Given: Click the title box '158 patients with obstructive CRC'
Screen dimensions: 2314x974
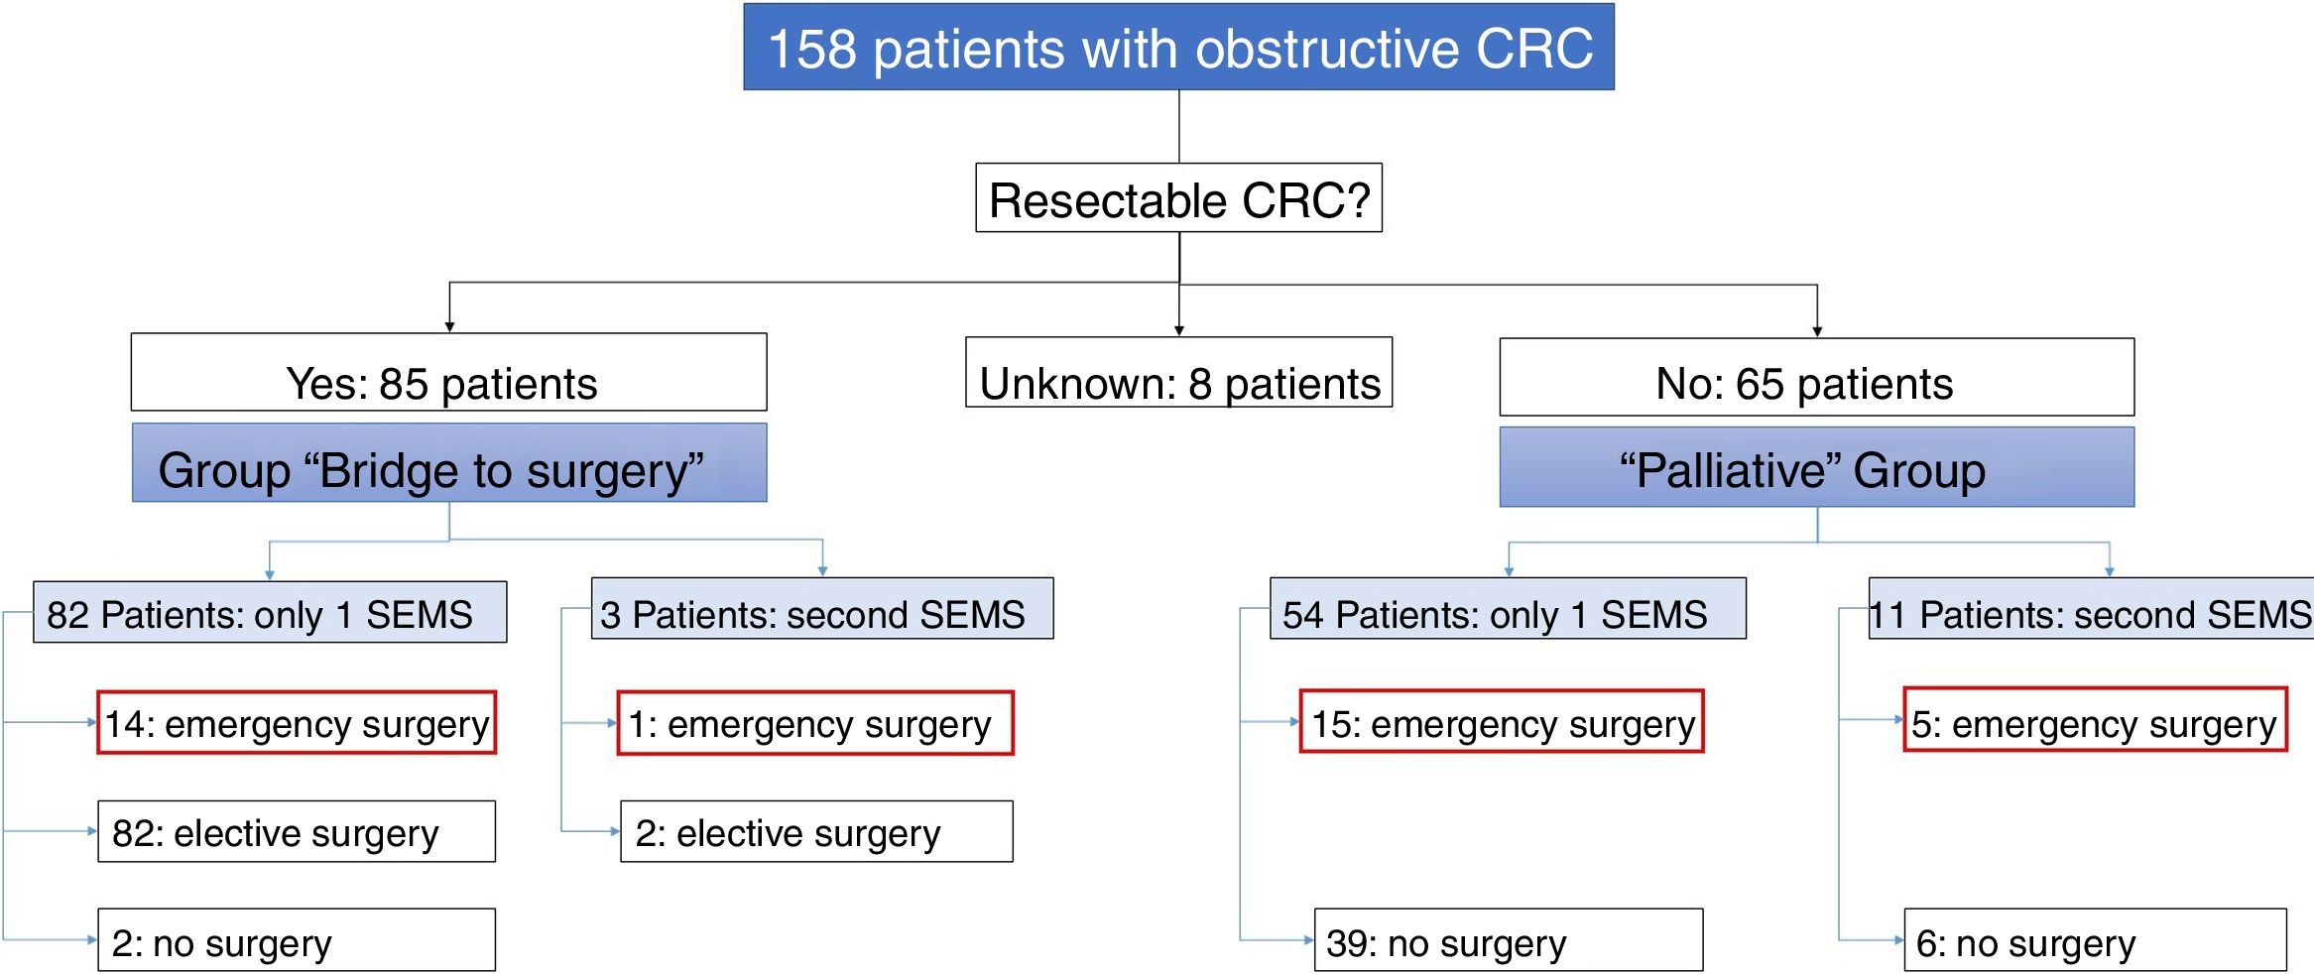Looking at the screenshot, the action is [x=1178, y=48].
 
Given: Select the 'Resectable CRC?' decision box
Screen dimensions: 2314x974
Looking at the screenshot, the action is [x=1178, y=198].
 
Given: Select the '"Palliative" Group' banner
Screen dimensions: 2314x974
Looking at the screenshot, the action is [x=1816, y=467].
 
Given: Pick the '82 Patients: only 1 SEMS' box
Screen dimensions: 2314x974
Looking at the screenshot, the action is [x=270, y=613].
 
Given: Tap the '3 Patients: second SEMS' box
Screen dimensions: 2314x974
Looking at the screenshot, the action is [x=822, y=609].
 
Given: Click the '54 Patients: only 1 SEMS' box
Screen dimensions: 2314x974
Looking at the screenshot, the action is [x=1508, y=609].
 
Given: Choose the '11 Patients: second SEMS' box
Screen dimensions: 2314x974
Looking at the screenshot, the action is [x=2091, y=609].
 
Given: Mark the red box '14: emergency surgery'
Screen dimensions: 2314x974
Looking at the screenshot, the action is [x=297, y=723].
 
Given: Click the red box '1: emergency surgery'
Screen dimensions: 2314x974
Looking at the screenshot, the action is [x=815, y=723].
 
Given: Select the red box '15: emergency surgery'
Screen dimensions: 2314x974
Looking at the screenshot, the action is [x=1502, y=722].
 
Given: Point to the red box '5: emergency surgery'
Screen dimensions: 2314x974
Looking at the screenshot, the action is [x=2095, y=720].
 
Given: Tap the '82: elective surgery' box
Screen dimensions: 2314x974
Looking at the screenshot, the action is [x=297, y=832].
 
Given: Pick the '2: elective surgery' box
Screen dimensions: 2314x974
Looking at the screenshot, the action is [x=816, y=832].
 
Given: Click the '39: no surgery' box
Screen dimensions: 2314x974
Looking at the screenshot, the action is [x=1508, y=940].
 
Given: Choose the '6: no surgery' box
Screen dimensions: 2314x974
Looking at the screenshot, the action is [x=2095, y=940].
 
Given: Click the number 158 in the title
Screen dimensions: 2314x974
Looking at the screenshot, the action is [x=812, y=49].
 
